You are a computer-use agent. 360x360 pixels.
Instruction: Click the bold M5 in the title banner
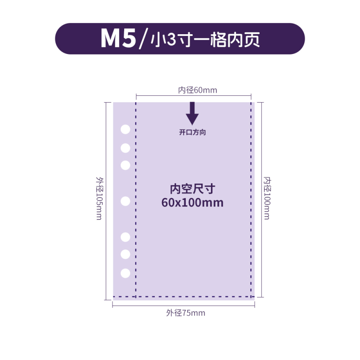point(117,39)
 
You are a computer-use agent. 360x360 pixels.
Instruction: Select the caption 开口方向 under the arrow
point(193,133)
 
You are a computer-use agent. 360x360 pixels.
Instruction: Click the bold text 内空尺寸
point(192,189)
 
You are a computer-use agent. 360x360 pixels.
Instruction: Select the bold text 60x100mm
point(192,202)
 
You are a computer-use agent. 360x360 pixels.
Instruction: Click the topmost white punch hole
point(126,130)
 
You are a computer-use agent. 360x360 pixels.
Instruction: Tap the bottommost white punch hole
point(126,273)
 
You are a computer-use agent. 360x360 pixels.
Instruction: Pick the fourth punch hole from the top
point(126,201)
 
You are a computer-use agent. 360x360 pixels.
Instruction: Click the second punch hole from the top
point(126,148)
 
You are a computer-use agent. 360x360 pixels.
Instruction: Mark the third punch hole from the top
point(126,165)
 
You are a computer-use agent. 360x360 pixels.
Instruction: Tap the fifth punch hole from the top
point(126,237)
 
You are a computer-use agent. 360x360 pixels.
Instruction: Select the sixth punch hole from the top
point(126,254)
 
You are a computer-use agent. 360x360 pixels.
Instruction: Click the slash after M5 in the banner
point(143,39)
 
